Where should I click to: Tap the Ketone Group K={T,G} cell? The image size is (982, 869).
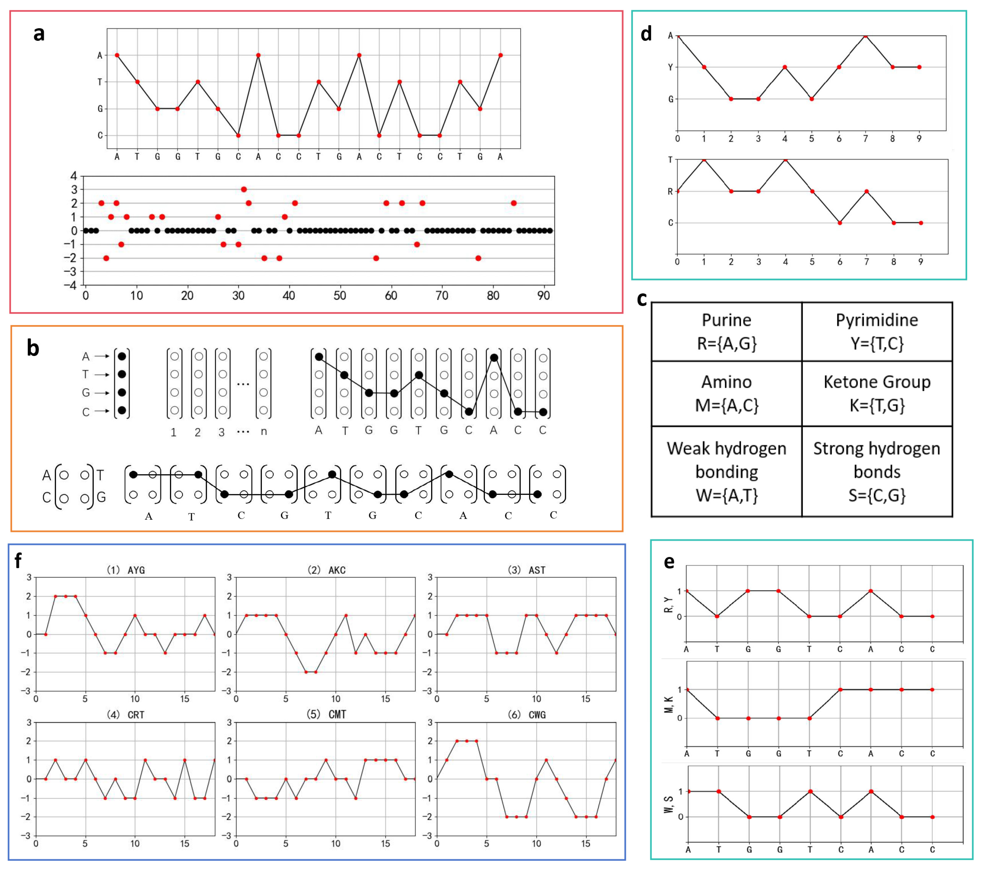click(877, 394)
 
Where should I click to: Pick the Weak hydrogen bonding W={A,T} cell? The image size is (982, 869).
click(727, 472)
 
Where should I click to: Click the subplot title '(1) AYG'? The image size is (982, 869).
click(125, 570)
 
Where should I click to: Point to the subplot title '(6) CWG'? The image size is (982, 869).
click(527, 715)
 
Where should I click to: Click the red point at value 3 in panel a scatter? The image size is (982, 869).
click(244, 189)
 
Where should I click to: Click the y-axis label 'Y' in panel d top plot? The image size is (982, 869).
click(671, 67)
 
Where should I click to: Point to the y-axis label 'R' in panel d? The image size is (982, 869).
click(670, 191)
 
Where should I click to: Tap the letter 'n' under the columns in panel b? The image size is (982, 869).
click(263, 432)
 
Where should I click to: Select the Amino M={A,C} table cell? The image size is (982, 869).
click(727, 394)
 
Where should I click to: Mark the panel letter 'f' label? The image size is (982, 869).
click(18, 560)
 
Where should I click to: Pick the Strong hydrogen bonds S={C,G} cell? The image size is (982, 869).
click(877, 472)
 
